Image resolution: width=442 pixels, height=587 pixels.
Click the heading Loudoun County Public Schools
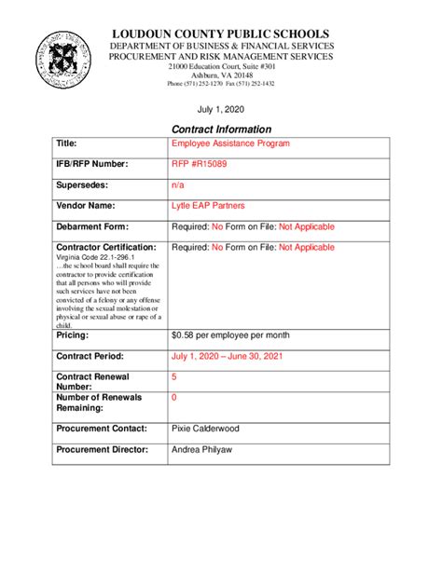click(221, 34)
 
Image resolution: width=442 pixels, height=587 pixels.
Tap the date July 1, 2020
click(221, 109)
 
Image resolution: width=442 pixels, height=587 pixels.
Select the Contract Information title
click(221, 129)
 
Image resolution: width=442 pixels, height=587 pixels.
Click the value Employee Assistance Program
click(230, 143)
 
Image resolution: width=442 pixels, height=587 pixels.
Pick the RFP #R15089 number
click(200, 165)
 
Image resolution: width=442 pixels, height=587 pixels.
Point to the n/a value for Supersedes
click(178, 185)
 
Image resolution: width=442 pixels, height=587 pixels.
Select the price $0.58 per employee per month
click(231, 334)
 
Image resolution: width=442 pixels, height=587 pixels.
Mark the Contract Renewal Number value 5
click(174, 376)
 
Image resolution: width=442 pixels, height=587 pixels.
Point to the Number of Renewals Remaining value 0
click(174, 398)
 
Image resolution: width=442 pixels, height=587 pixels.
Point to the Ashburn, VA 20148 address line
click(221, 75)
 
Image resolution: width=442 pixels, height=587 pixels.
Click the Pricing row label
click(74, 334)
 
